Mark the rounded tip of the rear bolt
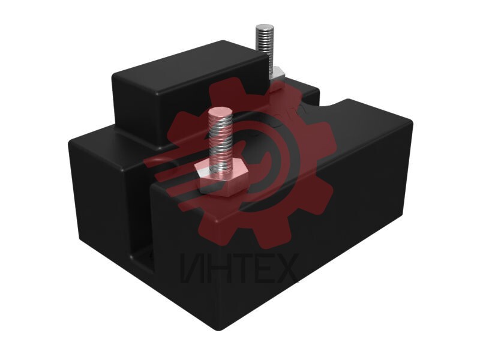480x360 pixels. tap(263, 27)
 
